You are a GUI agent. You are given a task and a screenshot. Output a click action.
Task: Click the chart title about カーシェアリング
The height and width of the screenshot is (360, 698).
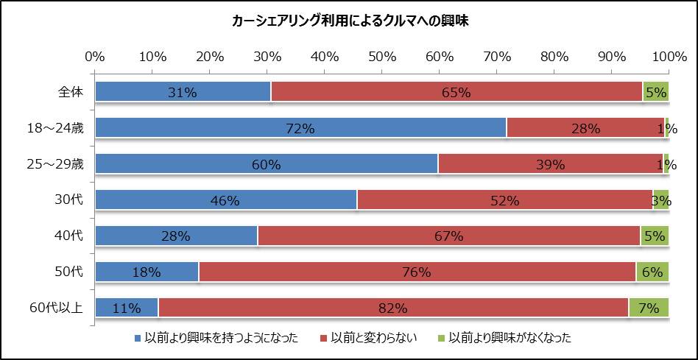350,21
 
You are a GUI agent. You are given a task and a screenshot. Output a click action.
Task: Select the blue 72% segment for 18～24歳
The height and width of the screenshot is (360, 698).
300,128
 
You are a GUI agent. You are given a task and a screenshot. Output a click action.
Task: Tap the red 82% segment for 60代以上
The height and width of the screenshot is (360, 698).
393,308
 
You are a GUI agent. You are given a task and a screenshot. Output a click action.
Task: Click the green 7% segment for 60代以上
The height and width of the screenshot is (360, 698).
649,308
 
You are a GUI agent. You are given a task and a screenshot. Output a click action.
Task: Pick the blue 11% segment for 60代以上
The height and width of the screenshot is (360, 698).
126,308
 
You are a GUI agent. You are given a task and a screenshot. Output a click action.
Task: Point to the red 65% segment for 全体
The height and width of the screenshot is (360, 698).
456,92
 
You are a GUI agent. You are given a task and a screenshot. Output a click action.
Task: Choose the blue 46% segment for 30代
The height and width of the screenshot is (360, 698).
226,200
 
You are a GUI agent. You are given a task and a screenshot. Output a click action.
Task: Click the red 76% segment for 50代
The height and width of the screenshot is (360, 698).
417,272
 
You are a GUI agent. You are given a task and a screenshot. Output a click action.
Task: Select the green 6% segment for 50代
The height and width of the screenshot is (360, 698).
652,272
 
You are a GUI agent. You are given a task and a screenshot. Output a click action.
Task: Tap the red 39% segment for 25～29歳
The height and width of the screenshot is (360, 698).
550,164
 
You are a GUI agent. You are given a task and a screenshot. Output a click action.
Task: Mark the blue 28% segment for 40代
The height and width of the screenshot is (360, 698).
176,236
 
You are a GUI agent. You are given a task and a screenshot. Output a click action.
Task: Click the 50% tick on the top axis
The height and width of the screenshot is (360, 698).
382,57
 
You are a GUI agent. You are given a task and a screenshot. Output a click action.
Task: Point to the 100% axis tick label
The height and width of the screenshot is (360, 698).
669,57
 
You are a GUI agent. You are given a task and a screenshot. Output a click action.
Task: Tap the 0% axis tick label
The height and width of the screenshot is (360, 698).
95,57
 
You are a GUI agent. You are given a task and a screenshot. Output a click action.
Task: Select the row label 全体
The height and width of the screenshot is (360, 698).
71,92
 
